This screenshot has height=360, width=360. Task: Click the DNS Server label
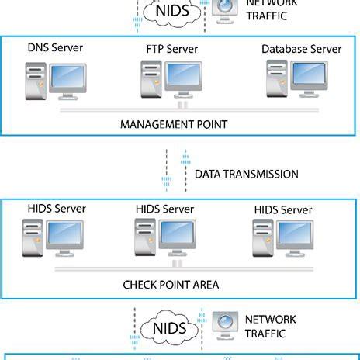55,48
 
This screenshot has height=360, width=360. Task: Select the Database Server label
302,48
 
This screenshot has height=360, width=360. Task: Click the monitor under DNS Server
74,81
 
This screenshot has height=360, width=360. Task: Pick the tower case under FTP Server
149,81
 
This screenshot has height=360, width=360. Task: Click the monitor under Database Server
315,78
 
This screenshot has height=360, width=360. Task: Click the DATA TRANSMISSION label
246,174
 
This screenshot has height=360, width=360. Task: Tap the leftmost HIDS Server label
56,208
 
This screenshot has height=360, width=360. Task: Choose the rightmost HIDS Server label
283,209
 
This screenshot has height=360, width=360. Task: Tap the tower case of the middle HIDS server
143,239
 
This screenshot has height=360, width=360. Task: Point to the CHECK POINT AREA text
171,284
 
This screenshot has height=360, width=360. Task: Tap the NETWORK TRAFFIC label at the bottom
272,327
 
